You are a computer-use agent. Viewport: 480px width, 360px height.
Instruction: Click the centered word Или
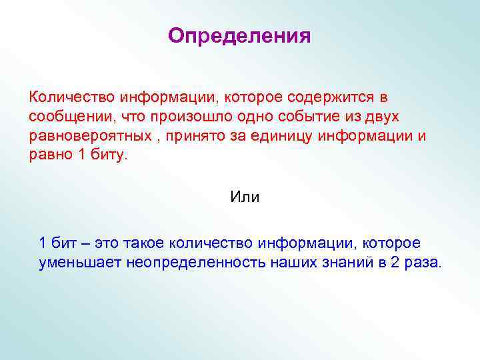pos(245,197)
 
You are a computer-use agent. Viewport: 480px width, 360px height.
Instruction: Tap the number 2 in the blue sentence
pos(395,262)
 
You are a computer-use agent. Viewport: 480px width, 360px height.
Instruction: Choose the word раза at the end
pos(423,262)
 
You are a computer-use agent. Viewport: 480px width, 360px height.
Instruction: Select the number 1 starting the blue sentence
pos(43,243)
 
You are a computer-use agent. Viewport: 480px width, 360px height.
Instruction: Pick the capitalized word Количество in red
pos(67,97)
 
